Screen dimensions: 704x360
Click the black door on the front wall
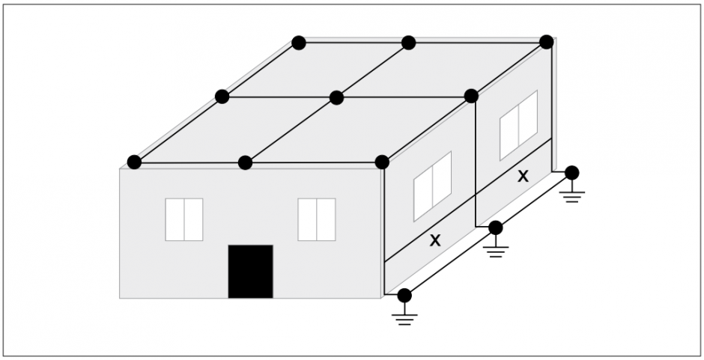tap(251, 271)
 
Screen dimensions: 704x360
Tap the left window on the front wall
tap(184, 219)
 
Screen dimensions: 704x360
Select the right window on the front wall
tap(317, 219)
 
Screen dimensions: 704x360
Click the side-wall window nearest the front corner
tap(432, 186)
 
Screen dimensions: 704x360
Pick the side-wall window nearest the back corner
tap(518, 125)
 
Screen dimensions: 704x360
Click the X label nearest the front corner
tap(435, 240)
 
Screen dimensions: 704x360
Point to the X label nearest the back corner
tap(523, 177)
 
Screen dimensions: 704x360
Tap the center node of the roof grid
tap(337, 97)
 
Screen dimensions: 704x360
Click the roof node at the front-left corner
tap(134, 162)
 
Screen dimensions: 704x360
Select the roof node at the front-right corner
tap(382, 162)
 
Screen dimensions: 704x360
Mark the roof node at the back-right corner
tap(547, 42)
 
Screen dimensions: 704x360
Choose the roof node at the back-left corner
tap(299, 43)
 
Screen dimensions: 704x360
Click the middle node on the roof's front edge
tap(245, 162)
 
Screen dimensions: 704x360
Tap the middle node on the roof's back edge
tap(409, 43)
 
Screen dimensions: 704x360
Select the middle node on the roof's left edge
tap(222, 97)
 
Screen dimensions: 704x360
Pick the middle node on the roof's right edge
tap(471, 96)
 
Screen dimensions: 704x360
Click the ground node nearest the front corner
tap(404, 296)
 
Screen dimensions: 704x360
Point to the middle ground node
tap(496, 228)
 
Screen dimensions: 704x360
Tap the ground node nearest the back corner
tap(572, 173)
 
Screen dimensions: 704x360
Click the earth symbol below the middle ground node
tap(496, 251)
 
